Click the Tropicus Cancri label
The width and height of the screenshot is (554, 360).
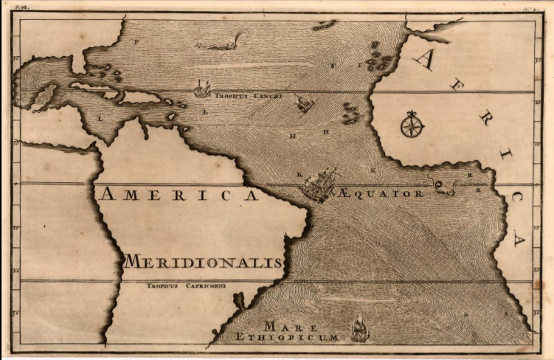click(248, 96)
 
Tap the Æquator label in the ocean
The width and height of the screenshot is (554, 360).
click(382, 193)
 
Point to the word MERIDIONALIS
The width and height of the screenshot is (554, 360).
click(204, 262)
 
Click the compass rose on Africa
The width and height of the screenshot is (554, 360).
click(412, 124)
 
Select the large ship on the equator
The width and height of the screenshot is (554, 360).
click(320, 184)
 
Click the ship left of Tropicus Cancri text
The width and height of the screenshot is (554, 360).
click(201, 89)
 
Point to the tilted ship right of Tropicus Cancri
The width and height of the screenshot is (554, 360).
click(304, 103)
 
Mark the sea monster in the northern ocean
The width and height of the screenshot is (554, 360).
click(221, 43)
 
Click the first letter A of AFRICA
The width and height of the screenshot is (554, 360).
click(423, 60)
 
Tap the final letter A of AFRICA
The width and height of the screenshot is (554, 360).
click(519, 239)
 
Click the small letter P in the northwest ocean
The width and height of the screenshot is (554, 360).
click(136, 42)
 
